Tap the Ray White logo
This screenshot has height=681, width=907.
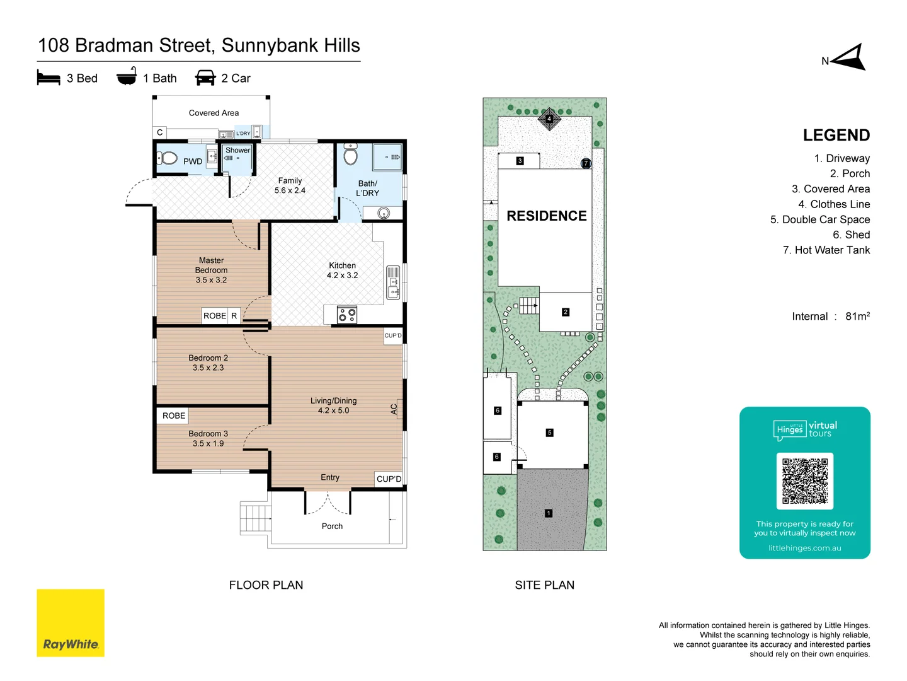71,623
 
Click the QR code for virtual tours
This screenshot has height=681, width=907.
805,480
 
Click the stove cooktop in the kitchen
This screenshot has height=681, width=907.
347,315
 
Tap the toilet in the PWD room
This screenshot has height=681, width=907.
168,158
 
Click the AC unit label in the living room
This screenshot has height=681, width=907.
394,409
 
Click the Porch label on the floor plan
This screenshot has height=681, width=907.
332,526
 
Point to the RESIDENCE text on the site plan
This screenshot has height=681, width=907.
546,216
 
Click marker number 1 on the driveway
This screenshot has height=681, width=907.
549,513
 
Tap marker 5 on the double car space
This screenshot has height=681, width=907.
549,433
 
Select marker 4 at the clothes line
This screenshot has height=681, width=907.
549,119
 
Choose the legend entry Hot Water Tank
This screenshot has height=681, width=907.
826,250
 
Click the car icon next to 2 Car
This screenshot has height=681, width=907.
205,78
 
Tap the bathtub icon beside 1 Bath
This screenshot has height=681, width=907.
127,77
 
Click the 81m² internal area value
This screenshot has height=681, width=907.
857,316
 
